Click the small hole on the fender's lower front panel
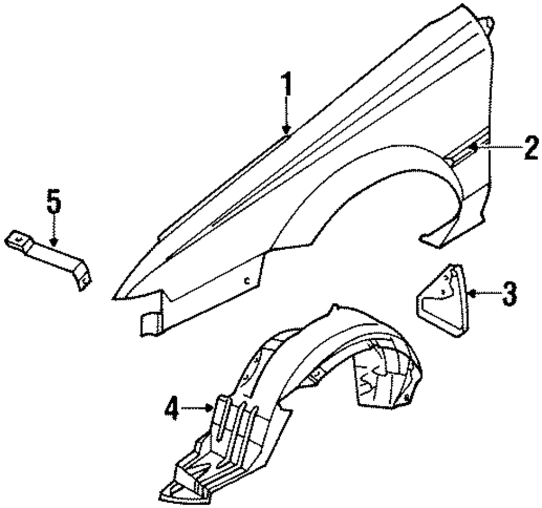tap(247, 281)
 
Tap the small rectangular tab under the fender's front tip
tap(150, 324)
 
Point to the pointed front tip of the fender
tap(115, 297)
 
